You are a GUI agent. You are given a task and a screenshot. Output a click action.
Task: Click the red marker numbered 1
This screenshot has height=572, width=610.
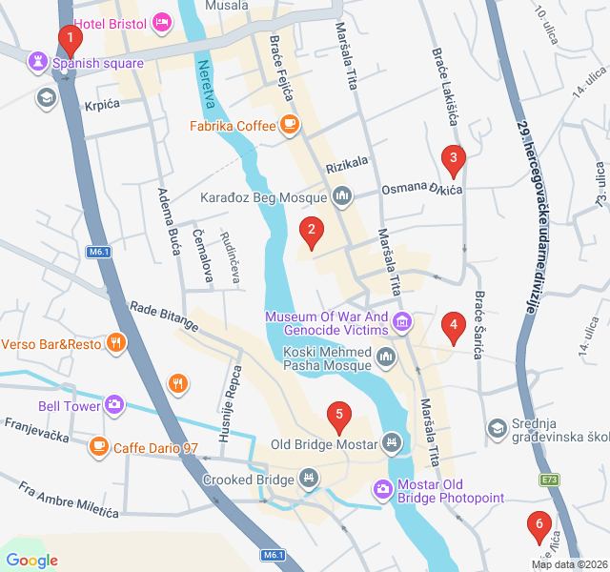click(x=70, y=40)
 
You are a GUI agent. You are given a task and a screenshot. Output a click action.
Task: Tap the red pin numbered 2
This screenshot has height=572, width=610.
click(x=310, y=231)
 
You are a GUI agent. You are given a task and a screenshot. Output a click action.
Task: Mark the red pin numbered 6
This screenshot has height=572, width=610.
click(x=539, y=524)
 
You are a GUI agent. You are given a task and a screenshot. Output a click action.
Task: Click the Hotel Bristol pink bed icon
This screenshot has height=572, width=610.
click(x=162, y=20)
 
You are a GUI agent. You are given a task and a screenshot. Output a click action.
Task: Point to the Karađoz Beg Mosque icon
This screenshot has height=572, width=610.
click(x=342, y=198)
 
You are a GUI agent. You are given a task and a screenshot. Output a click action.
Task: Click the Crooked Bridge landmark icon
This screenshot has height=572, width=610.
click(x=308, y=478)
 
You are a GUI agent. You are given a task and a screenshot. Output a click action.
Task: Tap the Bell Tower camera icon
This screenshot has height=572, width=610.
click(x=114, y=405)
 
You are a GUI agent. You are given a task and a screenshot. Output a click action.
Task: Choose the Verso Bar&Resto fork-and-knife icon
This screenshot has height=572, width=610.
click(x=116, y=343)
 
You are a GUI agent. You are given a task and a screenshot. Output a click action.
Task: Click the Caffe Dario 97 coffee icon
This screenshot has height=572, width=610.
click(x=99, y=445)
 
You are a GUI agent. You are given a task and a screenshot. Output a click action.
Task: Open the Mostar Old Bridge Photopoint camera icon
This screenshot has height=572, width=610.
click(x=381, y=488)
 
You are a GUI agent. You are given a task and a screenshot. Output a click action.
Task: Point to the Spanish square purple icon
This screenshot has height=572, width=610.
click(x=39, y=63)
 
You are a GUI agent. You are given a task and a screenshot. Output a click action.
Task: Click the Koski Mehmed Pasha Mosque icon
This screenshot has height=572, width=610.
click(x=386, y=358)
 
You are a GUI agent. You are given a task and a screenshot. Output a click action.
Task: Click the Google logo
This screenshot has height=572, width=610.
click(x=31, y=561)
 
